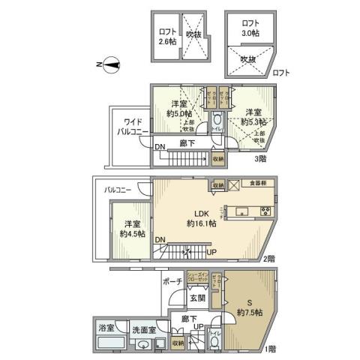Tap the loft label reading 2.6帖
click(x=167, y=37)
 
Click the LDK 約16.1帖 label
click(x=200, y=217)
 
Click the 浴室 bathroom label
click(x=106, y=328)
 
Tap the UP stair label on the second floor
click(x=212, y=252)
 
